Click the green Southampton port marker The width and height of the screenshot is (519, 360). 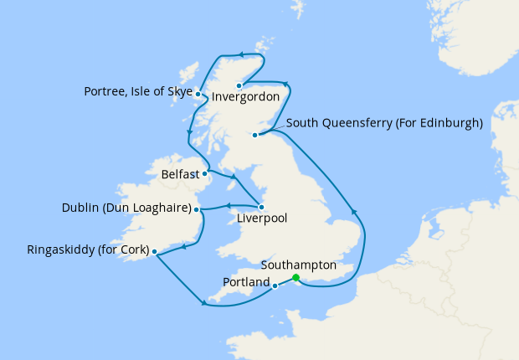[x=295, y=279]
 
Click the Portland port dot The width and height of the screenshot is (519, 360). [x=275, y=285]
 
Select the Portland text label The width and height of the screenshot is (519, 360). [x=246, y=282]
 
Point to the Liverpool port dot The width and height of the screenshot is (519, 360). [x=262, y=207]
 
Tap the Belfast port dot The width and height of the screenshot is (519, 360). [x=205, y=174]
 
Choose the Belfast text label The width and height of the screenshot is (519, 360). [x=180, y=175]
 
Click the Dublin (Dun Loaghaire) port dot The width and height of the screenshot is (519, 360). [x=198, y=209]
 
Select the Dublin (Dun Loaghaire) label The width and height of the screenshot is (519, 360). [x=126, y=208]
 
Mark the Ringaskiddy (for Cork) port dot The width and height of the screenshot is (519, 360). [x=154, y=250]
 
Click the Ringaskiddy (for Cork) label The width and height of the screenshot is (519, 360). [x=87, y=249]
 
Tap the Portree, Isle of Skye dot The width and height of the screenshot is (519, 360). [x=198, y=94]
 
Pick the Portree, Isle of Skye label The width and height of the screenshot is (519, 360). [x=138, y=91]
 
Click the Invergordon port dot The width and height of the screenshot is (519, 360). [x=239, y=85]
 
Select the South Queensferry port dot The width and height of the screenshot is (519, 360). [x=254, y=134]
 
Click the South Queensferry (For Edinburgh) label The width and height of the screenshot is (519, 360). [x=384, y=123]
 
